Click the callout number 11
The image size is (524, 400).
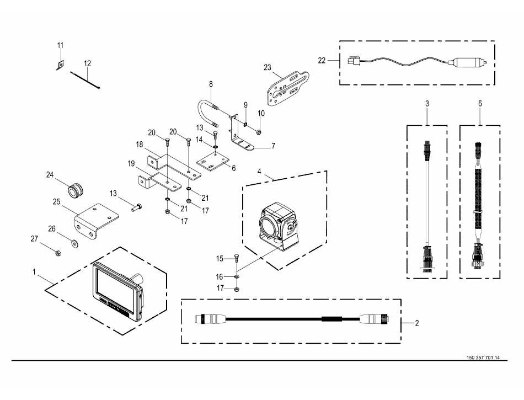tap(61, 45)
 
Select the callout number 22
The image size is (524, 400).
tap(323, 61)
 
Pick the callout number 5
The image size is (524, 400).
tap(480, 103)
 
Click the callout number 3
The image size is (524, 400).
tap(426, 103)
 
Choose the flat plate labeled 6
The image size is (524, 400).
tap(212, 163)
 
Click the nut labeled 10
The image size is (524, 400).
tap(258, 131)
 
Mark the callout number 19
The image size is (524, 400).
tap(131, 164)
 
